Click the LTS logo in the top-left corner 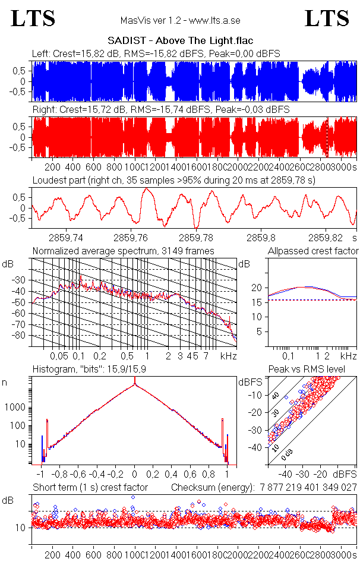pyautogui.click(x=33, y=18)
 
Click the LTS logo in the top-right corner pyautogui.click(x=327, y=18)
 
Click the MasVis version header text pyautogui.click(x=179, y=20)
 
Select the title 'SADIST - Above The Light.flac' pyautogui.click(x=180, y=41)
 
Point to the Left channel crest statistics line pyautogui.click(x=156, y=54)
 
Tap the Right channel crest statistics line pyautogui.click(x=160, y=110)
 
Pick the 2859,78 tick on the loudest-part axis pyautogui.click(x=197, y=236)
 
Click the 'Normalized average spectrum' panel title pyautogui.click(x=124, y=251)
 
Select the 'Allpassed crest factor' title pyautogui.click(x=313, y=251)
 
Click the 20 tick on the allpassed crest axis pyautogui.click(x=257, y=288)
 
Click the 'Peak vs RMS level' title pyautogui.click(x=307, y=370)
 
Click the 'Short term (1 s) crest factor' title pyautogui.click(x=90, y=487)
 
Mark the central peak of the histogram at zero pyautogui.click(x=135, y=384)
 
